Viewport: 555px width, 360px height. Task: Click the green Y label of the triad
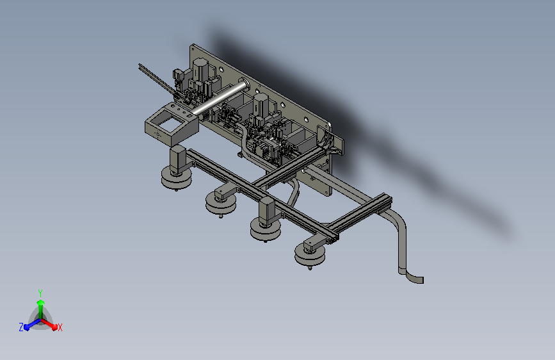[x=40, y=292]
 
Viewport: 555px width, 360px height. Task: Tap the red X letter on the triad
[x=60, y=327]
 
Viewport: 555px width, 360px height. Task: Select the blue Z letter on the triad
[x=21, y=327]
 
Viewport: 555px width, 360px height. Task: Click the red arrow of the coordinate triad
[x=51, y=323]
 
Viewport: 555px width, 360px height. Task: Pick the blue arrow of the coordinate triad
[x=29, y=324]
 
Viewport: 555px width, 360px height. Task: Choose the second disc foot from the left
[x=220, y=204]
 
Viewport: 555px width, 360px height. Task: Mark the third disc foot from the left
[x=266, y=229]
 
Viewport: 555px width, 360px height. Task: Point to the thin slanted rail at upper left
[x=154, y=78]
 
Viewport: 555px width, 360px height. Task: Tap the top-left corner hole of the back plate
[x=194, y=49]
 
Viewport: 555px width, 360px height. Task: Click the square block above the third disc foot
[x=266, y=209]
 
